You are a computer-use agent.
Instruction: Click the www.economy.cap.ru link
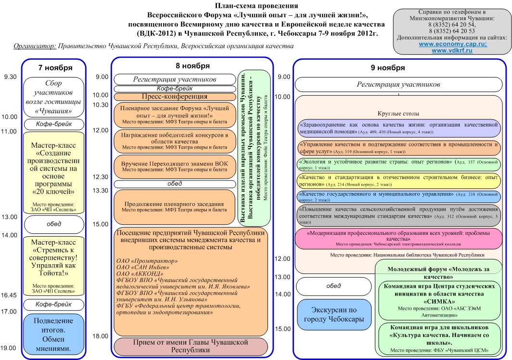452,44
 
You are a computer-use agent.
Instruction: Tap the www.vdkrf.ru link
452,51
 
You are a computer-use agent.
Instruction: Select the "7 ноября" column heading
55,68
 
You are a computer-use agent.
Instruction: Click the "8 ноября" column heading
192,66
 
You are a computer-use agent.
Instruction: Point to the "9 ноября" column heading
387,68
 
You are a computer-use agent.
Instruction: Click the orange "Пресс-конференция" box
175,97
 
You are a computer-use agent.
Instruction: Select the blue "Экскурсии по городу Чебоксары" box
334,314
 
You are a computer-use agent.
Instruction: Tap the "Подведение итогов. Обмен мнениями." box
53,334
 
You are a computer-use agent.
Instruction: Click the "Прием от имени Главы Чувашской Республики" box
191,346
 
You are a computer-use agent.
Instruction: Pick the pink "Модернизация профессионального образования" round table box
398,238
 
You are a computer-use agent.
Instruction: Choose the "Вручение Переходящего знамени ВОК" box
175,167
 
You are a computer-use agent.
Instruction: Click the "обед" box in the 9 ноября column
334,286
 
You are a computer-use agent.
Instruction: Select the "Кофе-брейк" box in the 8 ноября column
175,89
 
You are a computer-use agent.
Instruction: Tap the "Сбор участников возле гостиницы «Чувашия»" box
53,97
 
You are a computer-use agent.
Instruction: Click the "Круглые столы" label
398,114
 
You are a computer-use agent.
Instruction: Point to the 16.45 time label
9,296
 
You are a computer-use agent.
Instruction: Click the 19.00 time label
9,348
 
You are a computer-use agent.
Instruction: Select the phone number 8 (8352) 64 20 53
452,31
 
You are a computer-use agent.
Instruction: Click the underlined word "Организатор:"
35,46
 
